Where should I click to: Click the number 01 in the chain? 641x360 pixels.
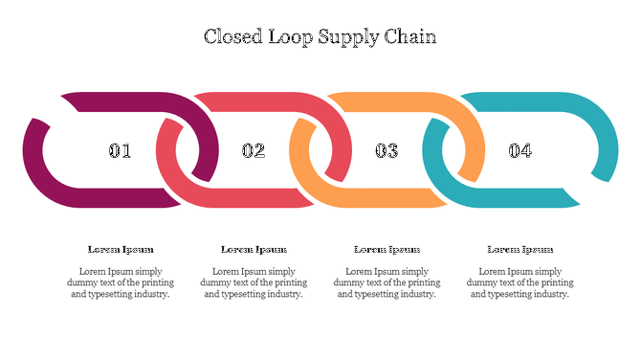pos(121,150)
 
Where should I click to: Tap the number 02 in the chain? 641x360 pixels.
pos(254,150)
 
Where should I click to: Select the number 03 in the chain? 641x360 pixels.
pos(387,150)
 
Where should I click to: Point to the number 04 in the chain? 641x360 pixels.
pos(519,150)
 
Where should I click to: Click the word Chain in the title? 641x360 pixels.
pos(412,37)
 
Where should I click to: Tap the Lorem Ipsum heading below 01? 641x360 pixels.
pos(121,249)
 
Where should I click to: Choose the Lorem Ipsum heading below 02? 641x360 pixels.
pos(254,249)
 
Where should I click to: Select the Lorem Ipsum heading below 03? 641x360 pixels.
pos(387,249)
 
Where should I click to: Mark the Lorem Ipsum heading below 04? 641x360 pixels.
pos(519,249)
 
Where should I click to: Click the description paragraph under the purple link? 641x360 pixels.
pos(121,282)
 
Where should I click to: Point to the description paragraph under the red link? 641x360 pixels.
pos(254,282)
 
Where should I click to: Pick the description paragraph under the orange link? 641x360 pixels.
pos(387,282)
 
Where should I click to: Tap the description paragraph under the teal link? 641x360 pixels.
pos(519,282)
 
